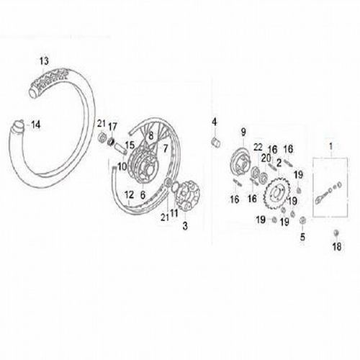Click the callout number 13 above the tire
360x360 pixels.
click(x=45, y=59)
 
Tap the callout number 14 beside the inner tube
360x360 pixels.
click(x=35, y=125)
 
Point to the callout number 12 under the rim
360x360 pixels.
click(x=130, y=194)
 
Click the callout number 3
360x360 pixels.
click(x=186, y=226)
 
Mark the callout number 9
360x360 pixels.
click(x=243, y=132)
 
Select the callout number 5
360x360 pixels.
click(x=302, y=235)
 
